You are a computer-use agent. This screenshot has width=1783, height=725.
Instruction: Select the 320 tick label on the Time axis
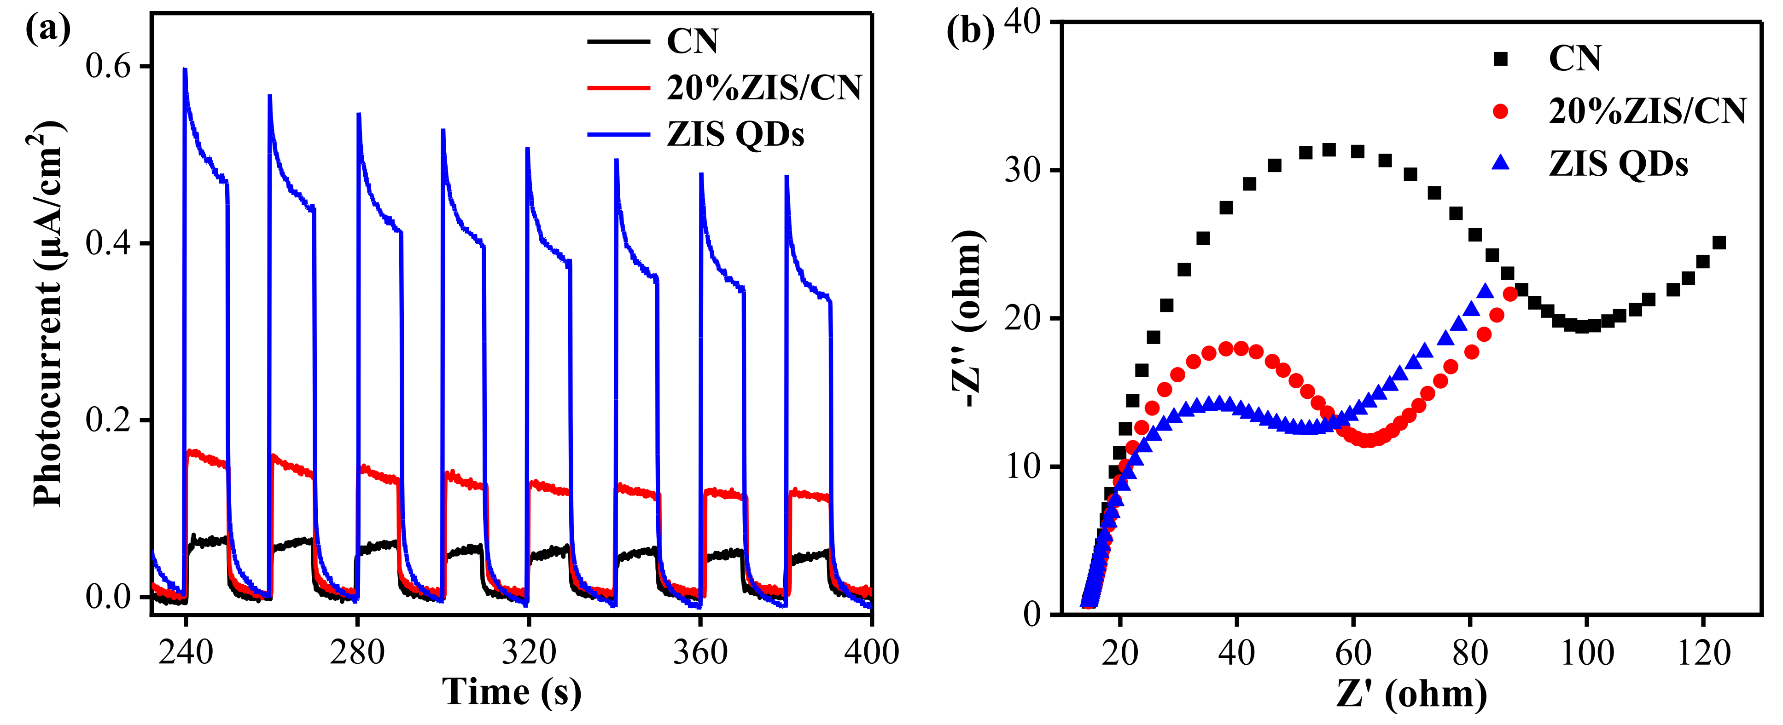(x=528, y=652)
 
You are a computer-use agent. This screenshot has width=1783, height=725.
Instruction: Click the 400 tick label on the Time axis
(x=871, y=652)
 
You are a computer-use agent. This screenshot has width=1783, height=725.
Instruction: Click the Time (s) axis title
(x=512, y=692)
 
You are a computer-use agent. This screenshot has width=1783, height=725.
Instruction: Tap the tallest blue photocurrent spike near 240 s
(x=185, y=69)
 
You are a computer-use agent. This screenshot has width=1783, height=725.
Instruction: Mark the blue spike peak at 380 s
(x=787, y=178)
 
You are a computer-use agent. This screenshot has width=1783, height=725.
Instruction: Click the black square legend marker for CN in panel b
(x=1500, y=59)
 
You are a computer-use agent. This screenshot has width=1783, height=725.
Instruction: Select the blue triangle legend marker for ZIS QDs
(x=1500, y=163)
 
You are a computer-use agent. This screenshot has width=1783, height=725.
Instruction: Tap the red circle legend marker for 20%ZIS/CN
(x=1500, y=111)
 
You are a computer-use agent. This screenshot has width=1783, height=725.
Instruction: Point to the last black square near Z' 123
(x=1719, y=243)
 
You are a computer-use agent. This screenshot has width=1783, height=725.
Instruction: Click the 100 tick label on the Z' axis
(x=1586, y=652)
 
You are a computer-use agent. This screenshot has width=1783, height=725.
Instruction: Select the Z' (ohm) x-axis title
(x=1412, y=693)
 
